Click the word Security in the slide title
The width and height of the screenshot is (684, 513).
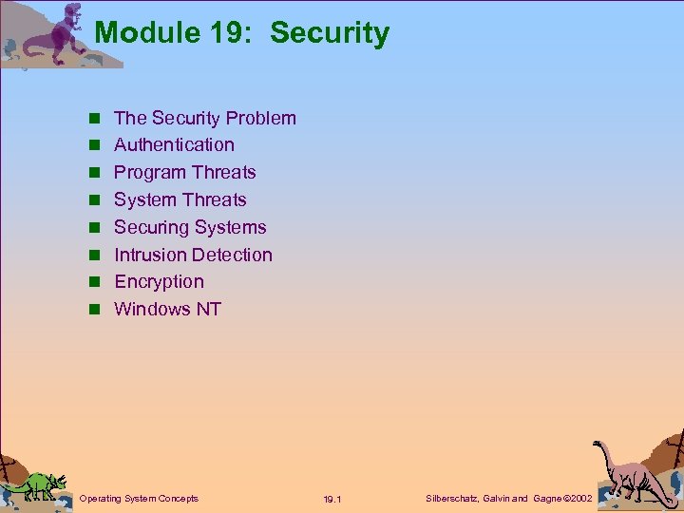(330, 33)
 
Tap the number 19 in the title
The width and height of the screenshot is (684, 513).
(226, 33)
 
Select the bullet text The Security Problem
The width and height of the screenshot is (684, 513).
(205, 118)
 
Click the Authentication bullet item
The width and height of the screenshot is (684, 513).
(174, 145)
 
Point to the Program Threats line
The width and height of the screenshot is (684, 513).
(185, 173)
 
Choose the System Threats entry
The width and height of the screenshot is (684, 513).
(180, 200)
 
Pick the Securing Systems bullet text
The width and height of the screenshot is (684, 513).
(190, 228)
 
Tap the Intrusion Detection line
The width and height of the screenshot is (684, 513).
(193, 256)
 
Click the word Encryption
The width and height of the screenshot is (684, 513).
(159, 282)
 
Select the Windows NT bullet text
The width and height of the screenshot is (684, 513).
(167, 310)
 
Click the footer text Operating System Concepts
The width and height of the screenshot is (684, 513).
(139, 499)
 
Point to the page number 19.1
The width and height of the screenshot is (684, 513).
(332, 500)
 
